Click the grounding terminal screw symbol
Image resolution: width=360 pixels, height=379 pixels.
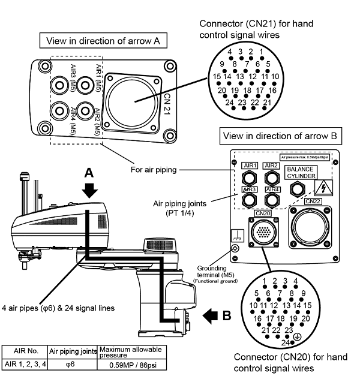pos(236,249)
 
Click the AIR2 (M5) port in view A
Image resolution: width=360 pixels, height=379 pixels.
pos(86,112)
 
